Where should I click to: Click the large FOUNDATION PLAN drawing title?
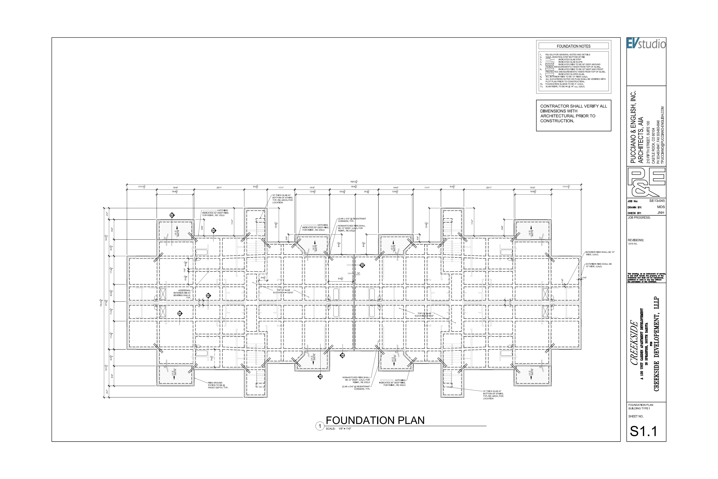[375, 420]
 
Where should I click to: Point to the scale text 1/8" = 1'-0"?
[345, 429]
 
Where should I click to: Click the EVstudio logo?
[646, 44]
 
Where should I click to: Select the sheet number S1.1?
[644, 431]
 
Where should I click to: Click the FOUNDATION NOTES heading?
[573, 46]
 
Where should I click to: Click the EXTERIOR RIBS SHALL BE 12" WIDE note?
[598, 265]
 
